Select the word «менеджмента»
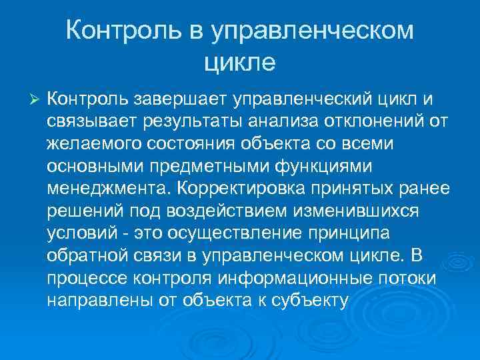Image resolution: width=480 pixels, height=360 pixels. tap(104, 187)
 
